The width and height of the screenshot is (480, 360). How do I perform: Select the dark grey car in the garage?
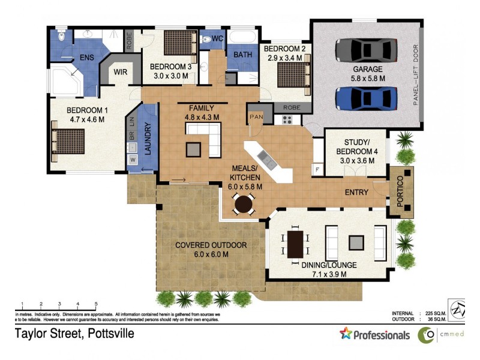click(367, 51)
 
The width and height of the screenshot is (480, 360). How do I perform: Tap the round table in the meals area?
click(244, 205)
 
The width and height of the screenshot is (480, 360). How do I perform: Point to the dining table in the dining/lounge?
click(295, 244)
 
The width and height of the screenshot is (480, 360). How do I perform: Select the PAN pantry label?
click(256, 115)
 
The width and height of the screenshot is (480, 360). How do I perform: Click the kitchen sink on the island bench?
click(268, 160)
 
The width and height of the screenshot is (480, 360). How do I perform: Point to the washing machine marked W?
click(133, 160)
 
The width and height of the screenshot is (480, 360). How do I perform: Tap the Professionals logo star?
click(346, 334)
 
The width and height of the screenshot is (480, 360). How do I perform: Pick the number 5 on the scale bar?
click(96, 304)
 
